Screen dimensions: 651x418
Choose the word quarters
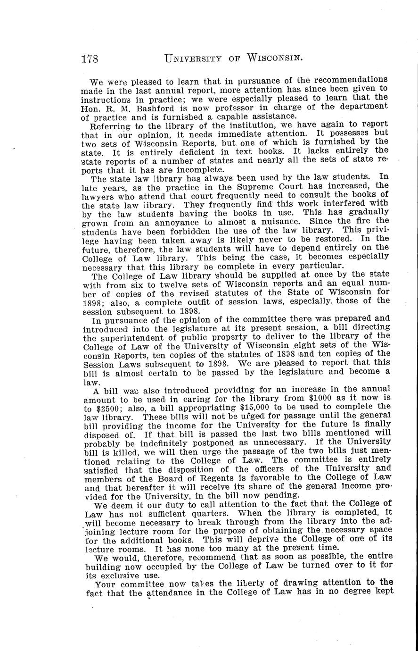pyautogui.click(x=213, y=512)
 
